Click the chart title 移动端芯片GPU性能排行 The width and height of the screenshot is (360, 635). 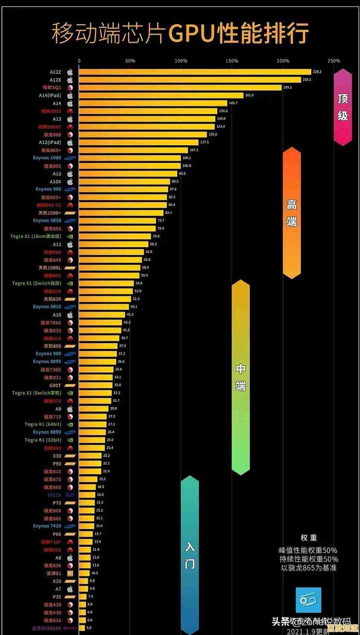[180, 33]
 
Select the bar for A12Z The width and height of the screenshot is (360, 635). [195, 72]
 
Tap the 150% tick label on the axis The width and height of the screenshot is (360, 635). [232, 61]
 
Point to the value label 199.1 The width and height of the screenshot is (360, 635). [287, 87]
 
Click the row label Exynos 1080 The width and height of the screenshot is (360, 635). [47, 158]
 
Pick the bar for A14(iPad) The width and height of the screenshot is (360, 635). [161, 95]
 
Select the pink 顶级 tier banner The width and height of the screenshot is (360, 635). [343, 107]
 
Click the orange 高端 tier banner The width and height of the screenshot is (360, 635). [291, 213]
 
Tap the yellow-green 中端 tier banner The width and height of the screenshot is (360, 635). [240, 377]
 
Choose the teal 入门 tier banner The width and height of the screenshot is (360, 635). [190, 555]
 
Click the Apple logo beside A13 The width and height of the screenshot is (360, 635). [70, 119]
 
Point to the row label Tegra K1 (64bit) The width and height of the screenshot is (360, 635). [43, 424]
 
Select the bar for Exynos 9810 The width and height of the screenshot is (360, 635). [104, 307]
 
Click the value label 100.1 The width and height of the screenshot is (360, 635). [187, 158]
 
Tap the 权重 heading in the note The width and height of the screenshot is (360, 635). [309, 537]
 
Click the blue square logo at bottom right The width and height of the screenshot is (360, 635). [308, 600]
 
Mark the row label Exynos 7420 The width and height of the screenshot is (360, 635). [47, 526]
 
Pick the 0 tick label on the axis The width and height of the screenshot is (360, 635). [79, 61]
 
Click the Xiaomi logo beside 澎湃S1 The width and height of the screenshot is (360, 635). [70, 573]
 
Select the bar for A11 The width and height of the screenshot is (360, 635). [114, 244]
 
